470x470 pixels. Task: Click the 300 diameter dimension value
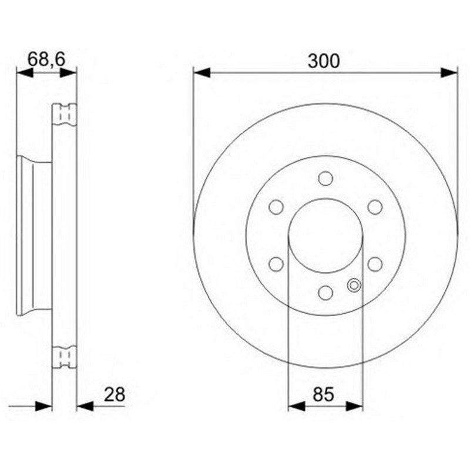(x=324, y=61)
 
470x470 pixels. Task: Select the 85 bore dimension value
(x=323, y=394)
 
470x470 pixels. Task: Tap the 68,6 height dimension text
(x=46, y=59)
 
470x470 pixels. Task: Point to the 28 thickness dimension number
(x=114, y=394)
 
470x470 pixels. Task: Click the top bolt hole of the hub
(x=325, y=179)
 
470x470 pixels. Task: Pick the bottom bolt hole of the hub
(x=325, y=293)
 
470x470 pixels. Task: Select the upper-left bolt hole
(x=276, y=207)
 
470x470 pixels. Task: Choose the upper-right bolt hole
(x=375, y=207)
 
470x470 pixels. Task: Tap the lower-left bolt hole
(x=276, y=264)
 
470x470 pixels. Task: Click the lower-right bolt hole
(x=375, y=264)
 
